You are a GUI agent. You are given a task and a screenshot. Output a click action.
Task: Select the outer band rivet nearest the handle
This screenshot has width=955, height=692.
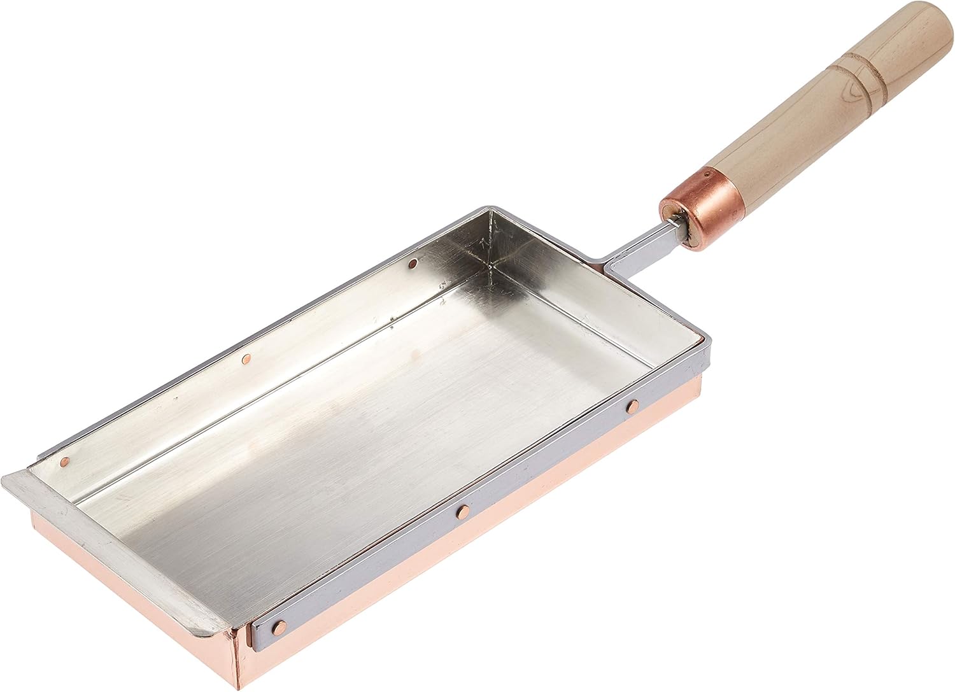633,405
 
